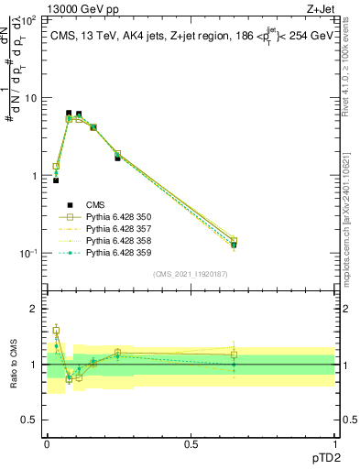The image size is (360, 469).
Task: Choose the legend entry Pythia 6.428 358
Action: [119, 241]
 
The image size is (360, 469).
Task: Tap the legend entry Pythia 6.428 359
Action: [119, 253]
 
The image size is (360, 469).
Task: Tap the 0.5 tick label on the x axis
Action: [190, 443]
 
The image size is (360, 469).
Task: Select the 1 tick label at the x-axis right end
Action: [334, 443]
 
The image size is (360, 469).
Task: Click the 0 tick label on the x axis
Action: [46, 443]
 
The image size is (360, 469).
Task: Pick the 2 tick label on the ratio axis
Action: [31, 309]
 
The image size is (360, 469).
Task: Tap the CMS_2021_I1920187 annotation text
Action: [190, 274]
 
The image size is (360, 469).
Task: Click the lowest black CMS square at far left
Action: [56, 180]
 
